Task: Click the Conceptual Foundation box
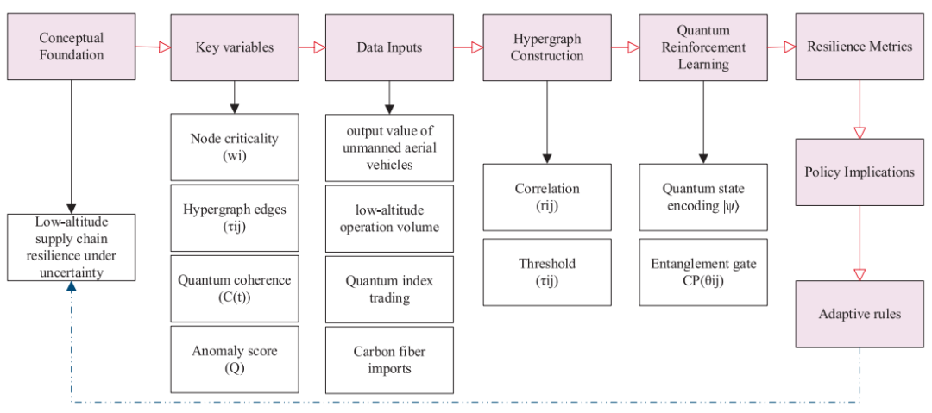(72, 47)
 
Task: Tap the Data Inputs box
(389, 47)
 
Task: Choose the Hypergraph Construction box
(547, 47)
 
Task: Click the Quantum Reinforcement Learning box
(703, 47)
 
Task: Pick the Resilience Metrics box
(860, 47)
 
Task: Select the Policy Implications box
(860, 172)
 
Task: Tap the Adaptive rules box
(860, 314)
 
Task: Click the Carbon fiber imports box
(389, 360)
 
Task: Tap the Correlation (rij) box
(547, 197)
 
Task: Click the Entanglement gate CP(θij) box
(703, 272)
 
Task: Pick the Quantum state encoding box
(703, 197)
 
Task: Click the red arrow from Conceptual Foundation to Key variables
(154, 47)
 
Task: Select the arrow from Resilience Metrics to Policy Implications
(860, 110)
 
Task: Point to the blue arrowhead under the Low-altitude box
(72, 287)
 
